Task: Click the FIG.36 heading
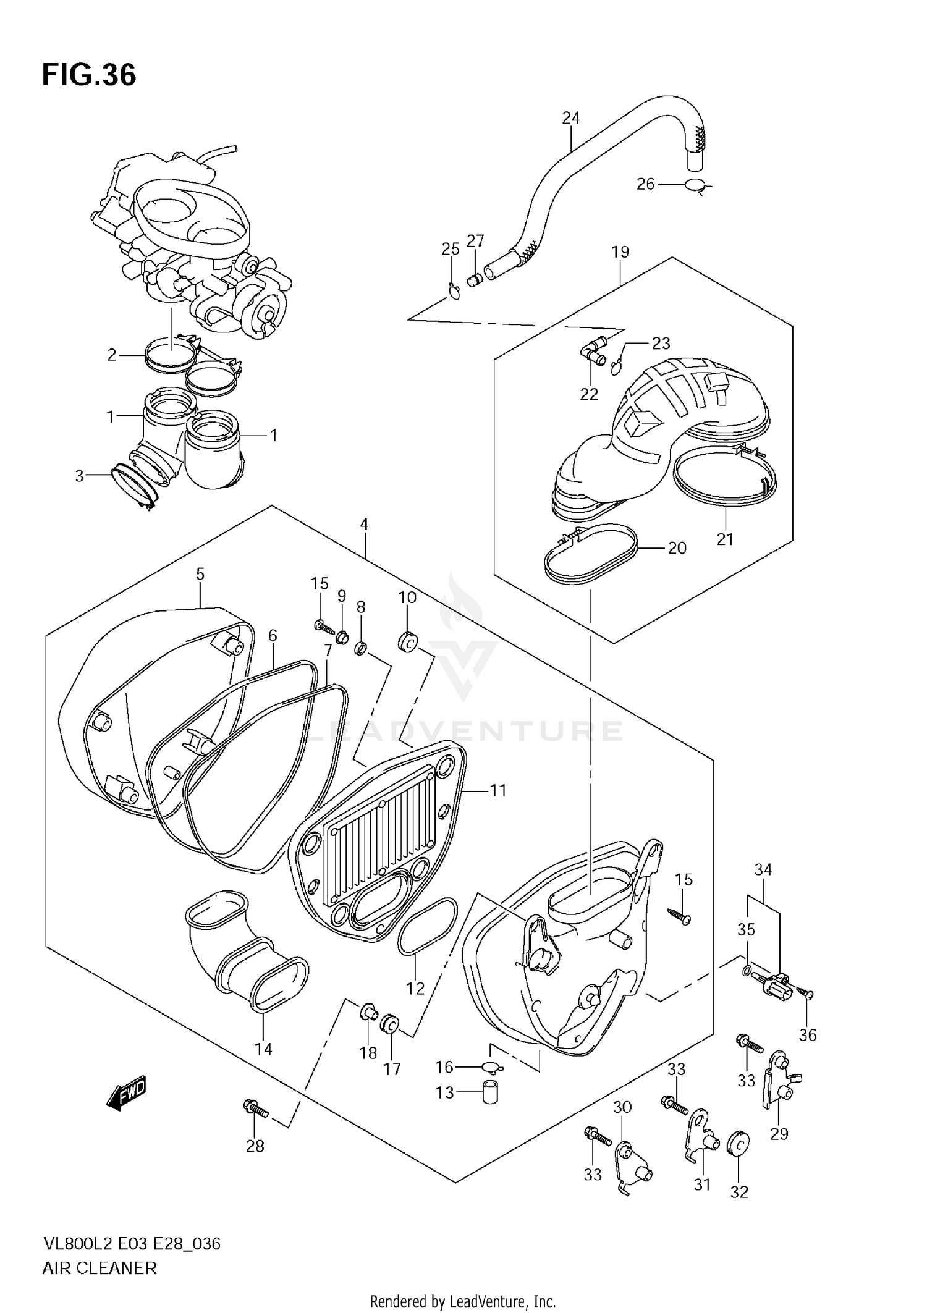[x=89, y=75]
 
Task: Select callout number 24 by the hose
[x=570, y=117]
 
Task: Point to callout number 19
[x=620, y=251]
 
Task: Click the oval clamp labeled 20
[x=590, y=554]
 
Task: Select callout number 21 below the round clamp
[x=724, y=539]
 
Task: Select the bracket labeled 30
[x=633, y=1165]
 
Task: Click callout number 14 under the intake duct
[x=263, y=1049]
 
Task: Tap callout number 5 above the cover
[x=200, y=574]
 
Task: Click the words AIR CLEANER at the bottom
[x=99, y=1268]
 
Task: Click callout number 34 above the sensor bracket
[x=763, y=869]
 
